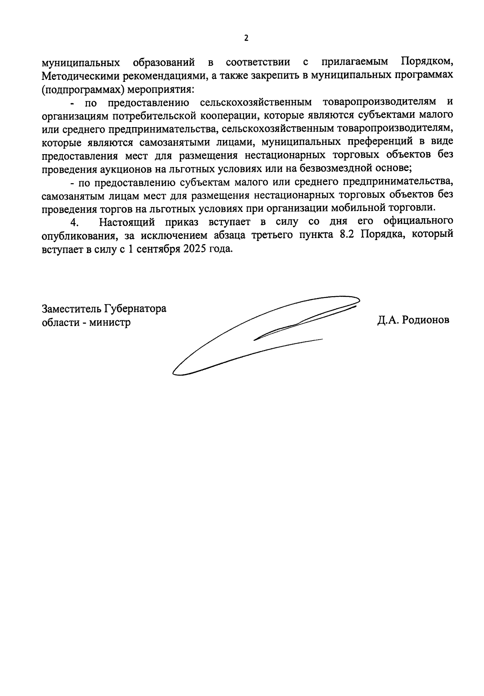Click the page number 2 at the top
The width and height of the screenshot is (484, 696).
(x=246, y=38)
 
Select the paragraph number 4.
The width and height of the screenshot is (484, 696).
(x=73, y=222)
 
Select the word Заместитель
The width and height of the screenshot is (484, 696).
(x=72, y=309)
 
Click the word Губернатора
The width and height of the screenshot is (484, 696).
(x=136, y=309)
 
